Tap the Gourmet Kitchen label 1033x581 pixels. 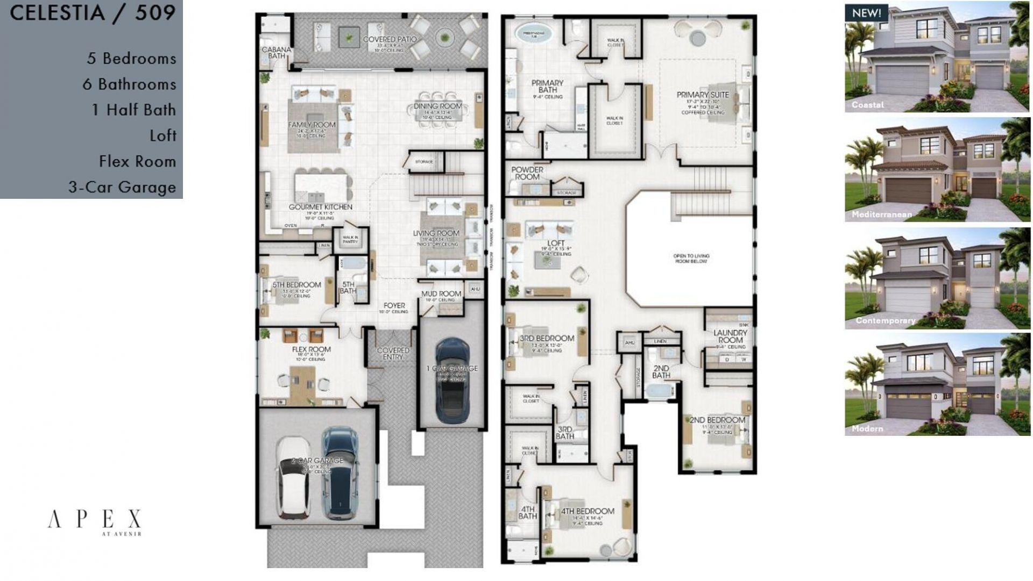[x=320, y=207]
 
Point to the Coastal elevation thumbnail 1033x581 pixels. [x=937, y=58]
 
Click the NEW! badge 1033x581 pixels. [x=866, y=13]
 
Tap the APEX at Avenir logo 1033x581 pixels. [x=95, y=521]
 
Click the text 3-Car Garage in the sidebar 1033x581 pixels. [x=122, y=187]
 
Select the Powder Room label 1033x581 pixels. [x=527, y=173]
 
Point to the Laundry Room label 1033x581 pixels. [x=730, y=336]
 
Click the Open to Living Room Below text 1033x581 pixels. [x=691, y=259]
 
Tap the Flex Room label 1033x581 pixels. [x=311, y=349]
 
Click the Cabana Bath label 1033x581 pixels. [x=276, y=52]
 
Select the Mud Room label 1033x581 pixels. [x=441, y=294]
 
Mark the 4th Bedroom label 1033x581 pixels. [x=587, y=511]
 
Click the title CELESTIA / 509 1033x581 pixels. [x=93, y=13]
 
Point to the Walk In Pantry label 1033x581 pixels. [x=350, y=239]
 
